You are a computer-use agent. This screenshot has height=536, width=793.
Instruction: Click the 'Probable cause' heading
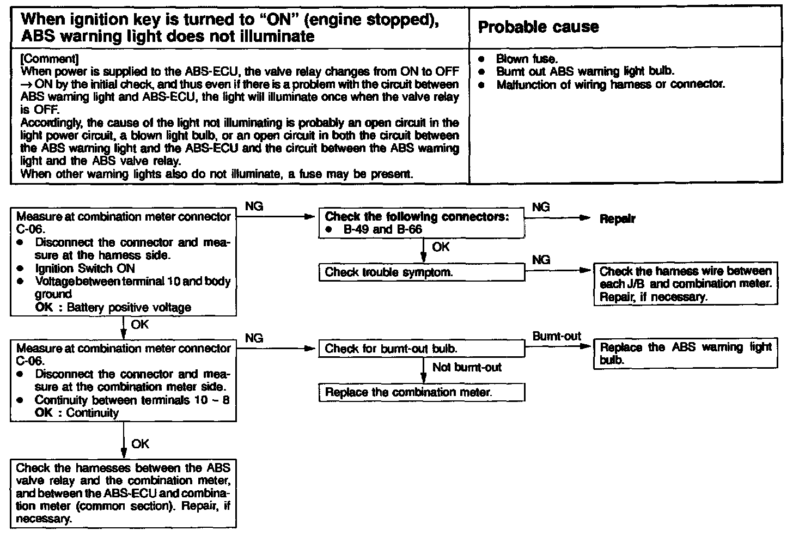point(538,27)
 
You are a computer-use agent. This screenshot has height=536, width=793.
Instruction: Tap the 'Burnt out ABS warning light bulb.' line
point(585,71)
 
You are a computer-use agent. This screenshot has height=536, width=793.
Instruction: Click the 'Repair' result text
point(617,219)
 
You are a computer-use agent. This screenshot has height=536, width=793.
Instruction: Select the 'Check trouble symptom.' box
point(422,272)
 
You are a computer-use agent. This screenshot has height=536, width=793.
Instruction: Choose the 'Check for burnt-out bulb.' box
point(422,348)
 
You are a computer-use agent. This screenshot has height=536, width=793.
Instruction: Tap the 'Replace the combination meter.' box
point(422,392)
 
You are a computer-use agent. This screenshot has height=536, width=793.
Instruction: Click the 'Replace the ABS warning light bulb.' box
point(685,354)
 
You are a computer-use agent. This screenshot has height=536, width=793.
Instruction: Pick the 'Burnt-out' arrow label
point(557,336)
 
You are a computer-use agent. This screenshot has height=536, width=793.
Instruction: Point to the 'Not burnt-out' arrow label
point(467,367)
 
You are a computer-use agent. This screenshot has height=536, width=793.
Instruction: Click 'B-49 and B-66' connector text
point(382,229)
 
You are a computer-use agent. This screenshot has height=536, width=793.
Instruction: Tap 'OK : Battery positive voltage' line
point(113,307)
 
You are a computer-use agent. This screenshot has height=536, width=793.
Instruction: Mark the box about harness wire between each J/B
point(685,284)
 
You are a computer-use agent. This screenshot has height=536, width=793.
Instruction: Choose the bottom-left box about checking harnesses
point(123,493)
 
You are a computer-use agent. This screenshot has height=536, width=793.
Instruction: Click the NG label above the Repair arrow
point(540,207)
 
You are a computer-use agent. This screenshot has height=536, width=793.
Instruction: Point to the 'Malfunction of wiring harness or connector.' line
point(611,85)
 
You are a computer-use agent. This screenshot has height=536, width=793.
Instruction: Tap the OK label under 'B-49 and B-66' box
point(441,247)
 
